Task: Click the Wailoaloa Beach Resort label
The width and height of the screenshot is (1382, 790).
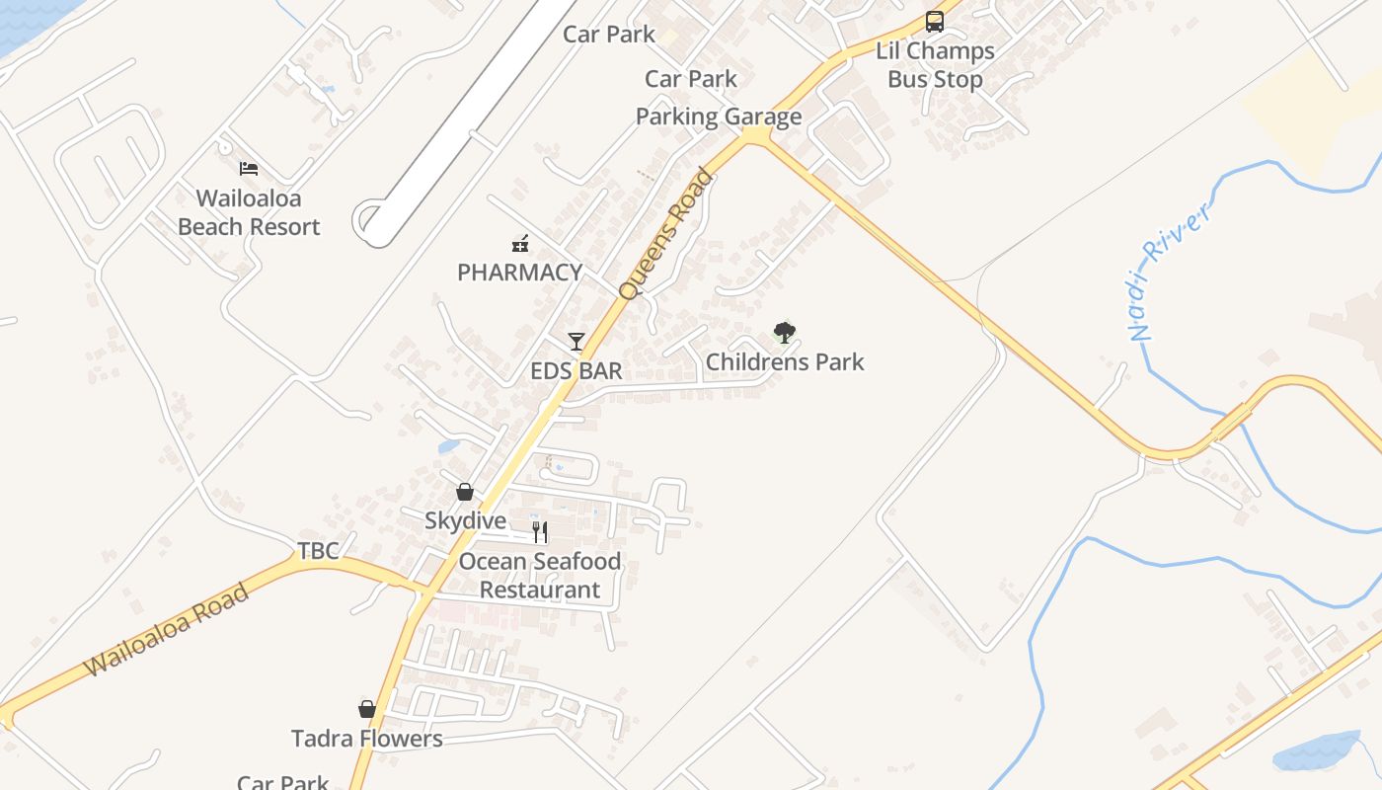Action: tap(249, 212)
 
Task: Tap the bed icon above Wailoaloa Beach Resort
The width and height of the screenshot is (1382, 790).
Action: tap(249, 169)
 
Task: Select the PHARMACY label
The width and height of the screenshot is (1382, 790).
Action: tap(519, 273)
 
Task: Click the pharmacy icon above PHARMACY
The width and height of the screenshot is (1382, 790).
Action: tap(520, 243)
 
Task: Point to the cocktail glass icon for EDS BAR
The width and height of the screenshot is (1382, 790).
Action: tap(576, 342)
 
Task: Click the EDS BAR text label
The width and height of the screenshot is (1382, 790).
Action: tap(576, 371)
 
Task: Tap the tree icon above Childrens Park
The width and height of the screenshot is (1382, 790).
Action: tap(785, 333)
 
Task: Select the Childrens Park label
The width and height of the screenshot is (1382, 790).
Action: tap(785, 362)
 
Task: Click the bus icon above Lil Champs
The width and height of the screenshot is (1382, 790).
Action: tap(935, 21)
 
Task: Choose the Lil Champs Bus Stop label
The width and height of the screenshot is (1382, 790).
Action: tap(935, 65)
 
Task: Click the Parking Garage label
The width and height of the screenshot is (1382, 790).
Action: tap(719, 117)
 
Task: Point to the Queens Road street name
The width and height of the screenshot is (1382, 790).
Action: tap(664, 235)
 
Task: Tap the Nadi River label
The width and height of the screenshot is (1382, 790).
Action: tap(1169, 271)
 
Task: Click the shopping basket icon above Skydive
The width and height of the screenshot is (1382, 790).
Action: tap(465, 492)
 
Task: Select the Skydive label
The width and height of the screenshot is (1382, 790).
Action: tap(465, 520)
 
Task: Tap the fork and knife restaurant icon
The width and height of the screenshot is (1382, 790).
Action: tap(540, 532)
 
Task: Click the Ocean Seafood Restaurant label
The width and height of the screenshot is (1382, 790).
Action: tap(540, 576)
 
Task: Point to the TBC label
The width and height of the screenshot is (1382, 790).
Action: tap(319, 551)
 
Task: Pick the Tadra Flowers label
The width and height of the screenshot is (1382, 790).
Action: tap(367, 739)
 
